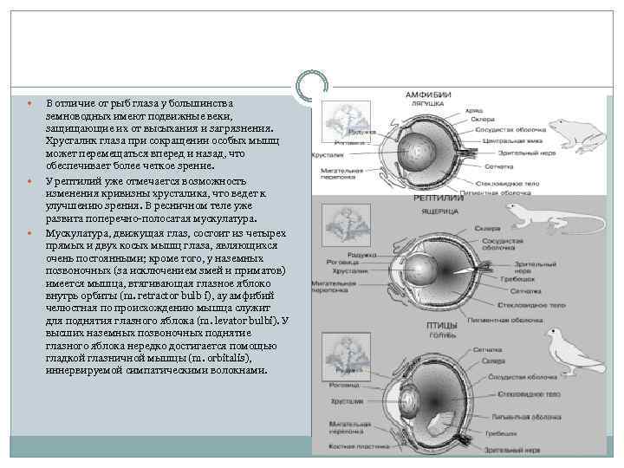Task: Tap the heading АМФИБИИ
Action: coord(422,94)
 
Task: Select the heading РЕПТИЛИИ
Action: coord(419,198)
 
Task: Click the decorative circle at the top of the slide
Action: coord(312,85)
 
